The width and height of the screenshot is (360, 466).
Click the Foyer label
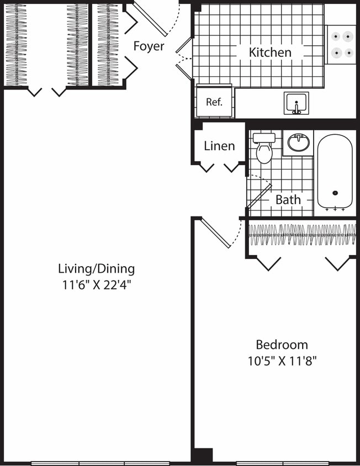tap(149, 46)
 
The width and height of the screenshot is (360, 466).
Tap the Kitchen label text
tap(270, 52)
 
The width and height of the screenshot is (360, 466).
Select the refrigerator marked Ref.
tap(214, 102)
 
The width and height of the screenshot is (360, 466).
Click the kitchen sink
tap(297, 103)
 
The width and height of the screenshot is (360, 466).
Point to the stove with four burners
tap(341, 45)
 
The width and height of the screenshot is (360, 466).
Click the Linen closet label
tap(219, 146)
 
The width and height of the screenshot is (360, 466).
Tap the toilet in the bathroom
tap(264, 149)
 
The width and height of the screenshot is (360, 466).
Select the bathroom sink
tap(299, 144)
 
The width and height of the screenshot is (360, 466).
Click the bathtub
tap(335, 172)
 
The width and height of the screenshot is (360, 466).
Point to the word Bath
tap(288, 199)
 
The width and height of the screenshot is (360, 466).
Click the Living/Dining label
tap(96, 269)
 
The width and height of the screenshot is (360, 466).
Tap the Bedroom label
tap(282, 345)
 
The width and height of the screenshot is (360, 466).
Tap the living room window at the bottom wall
tap(100, 463)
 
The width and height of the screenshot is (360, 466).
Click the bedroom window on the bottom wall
tap(282, 463)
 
